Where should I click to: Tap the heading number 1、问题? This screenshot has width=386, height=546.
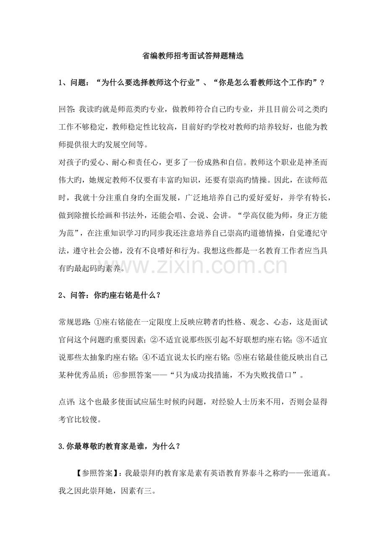[73, 83]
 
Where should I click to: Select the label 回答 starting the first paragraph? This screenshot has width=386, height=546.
[66, 110]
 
